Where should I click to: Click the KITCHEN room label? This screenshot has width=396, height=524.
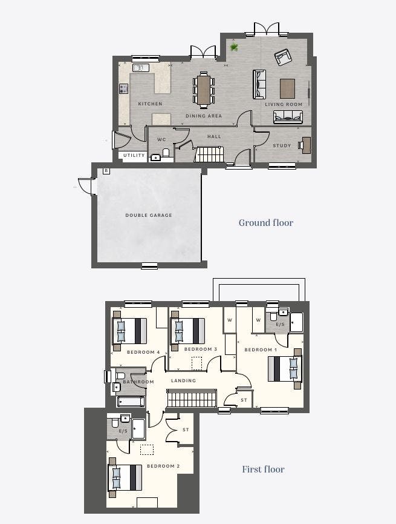coord(150,104)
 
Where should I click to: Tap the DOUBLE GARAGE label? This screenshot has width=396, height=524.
coord(149,215)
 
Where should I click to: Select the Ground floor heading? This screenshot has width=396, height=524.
coord(266,222)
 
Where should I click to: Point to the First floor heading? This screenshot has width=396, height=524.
coord(263,469)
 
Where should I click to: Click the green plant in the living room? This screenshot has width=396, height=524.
coord(234,47)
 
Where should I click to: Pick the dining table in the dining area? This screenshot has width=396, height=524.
coord(204,90)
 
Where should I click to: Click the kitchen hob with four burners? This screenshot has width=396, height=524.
coord(124,88)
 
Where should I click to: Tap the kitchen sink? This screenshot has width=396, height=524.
coord(141,68)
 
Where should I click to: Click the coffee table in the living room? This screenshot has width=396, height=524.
coord(287,88)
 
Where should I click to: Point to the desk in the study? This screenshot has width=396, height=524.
coord(307,145)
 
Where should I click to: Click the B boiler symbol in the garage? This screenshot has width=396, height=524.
coord(106,171)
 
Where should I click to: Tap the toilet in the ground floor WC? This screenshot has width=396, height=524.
coord(166,153)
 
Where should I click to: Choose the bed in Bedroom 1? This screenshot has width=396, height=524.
coord(285,369)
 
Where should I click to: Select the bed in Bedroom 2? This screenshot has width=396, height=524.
coord(125,477)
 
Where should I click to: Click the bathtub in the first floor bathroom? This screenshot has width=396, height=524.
coord(131,402)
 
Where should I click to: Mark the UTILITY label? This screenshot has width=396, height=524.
coord(134,156)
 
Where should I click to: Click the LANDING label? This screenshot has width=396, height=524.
coord(183,380)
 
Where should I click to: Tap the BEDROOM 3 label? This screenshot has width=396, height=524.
coord(201,349)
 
